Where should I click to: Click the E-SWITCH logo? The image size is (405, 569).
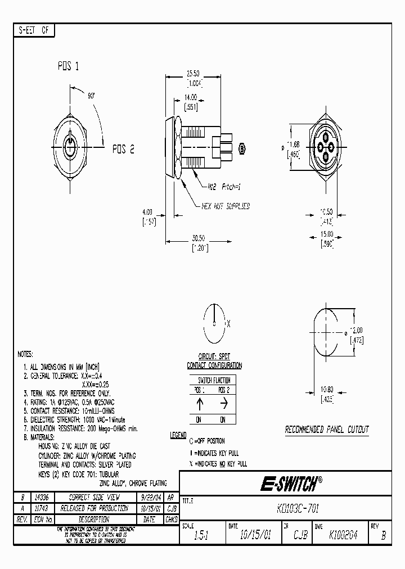(290, 483)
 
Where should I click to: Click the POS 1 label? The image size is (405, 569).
(68, 66)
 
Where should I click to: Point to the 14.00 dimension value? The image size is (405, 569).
(191, 97)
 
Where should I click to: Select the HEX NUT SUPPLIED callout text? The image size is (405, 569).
(226, 206)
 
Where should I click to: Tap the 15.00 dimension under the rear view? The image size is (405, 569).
(326, 234)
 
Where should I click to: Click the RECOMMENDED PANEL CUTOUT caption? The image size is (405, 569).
(326, 430)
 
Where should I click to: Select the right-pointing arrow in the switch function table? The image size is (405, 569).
(224, 404)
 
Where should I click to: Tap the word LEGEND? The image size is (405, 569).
(178, 436)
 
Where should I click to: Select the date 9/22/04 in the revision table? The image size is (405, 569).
(149, 498)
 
